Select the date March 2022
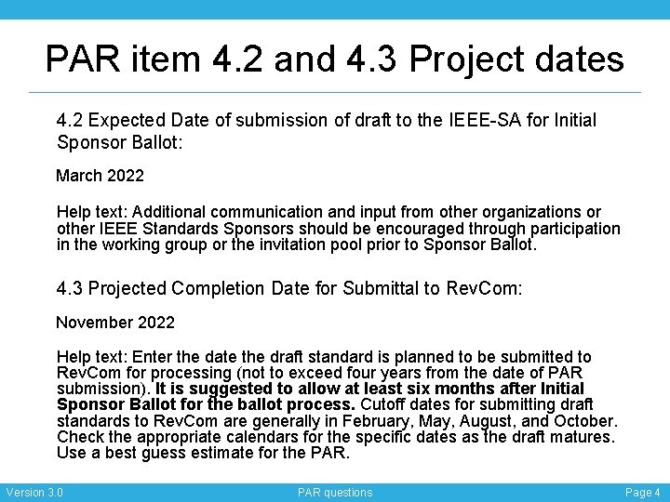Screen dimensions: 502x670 coord(100,175)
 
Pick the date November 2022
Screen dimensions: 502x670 coord(115,323)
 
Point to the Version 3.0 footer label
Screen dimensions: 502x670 coord(34,492)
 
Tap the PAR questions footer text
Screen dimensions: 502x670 coord(335,492)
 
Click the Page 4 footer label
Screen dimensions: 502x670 coord(643,492)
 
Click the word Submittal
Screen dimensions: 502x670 coord(378,288)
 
